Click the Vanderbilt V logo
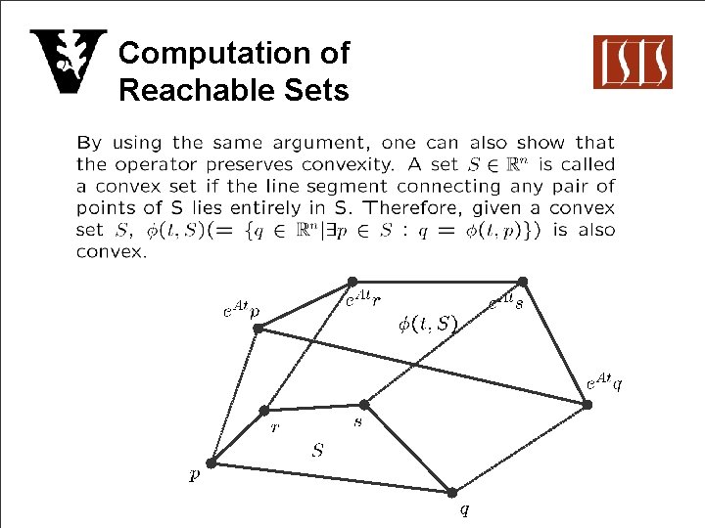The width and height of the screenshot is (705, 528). (x=68, y=62)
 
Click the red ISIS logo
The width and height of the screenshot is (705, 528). (x=633, y=62)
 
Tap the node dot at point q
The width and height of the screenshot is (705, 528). (x=452, y=492)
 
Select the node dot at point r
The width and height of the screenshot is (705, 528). (x=264, y=411)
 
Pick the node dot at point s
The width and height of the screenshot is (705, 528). (x=363, y=404)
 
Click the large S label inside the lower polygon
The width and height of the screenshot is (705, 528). (x=317, y=451)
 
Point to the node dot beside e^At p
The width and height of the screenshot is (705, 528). (x=258, y=329)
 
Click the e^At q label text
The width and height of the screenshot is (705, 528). (x=603, y=380)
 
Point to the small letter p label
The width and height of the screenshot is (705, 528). (x=194, y=476)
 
